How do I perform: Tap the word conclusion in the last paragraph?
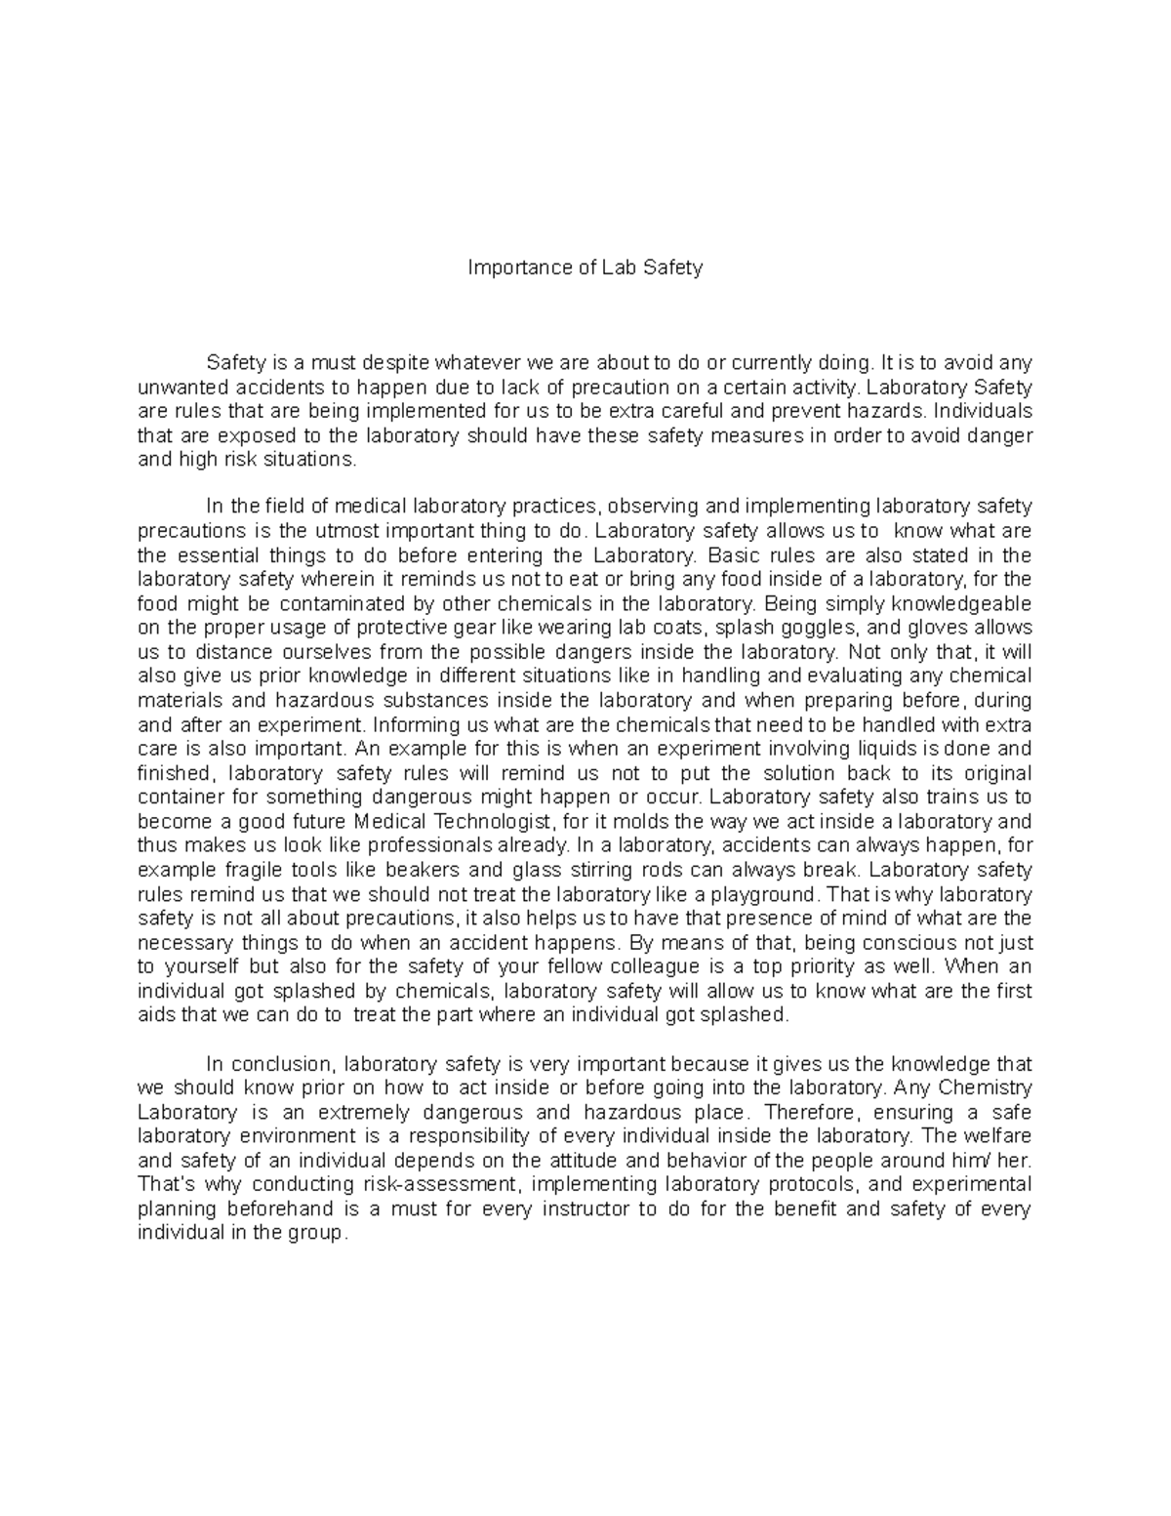click(296, 1064)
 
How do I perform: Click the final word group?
click(317, 1233)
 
